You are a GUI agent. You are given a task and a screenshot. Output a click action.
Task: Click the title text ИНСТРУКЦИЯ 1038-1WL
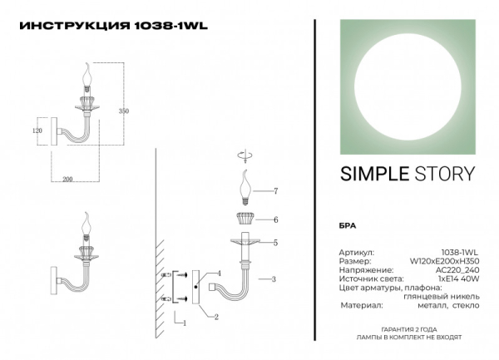[112, 25]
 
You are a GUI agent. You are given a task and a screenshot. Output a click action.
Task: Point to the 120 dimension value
[37, 131]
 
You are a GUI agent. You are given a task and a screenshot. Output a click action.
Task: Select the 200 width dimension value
[67, 179]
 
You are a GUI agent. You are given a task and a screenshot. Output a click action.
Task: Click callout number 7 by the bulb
[275, 191]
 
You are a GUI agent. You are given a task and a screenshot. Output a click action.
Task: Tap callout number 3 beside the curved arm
[274, 279]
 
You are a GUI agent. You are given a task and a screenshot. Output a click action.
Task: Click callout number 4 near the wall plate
[219, 274]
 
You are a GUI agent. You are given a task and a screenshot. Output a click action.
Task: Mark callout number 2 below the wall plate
[216, 317]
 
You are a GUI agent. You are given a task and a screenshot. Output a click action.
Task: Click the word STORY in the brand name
[445, 174]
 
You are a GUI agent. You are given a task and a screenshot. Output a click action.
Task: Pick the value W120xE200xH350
[449, 260]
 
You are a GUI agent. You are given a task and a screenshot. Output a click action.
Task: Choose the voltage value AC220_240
[460, 270]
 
